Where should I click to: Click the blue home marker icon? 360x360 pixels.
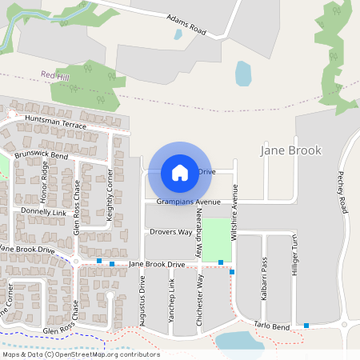180,172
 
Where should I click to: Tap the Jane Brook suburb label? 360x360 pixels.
291,150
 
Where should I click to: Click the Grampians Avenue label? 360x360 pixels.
188,202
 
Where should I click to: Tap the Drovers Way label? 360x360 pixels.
170,232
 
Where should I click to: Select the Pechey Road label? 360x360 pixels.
343,192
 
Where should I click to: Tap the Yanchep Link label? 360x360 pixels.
171,300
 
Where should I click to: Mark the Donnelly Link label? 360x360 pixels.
44,211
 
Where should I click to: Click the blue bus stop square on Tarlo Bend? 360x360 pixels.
306,325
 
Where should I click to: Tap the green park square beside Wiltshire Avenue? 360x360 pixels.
216,238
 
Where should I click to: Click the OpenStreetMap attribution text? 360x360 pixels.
81,354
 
